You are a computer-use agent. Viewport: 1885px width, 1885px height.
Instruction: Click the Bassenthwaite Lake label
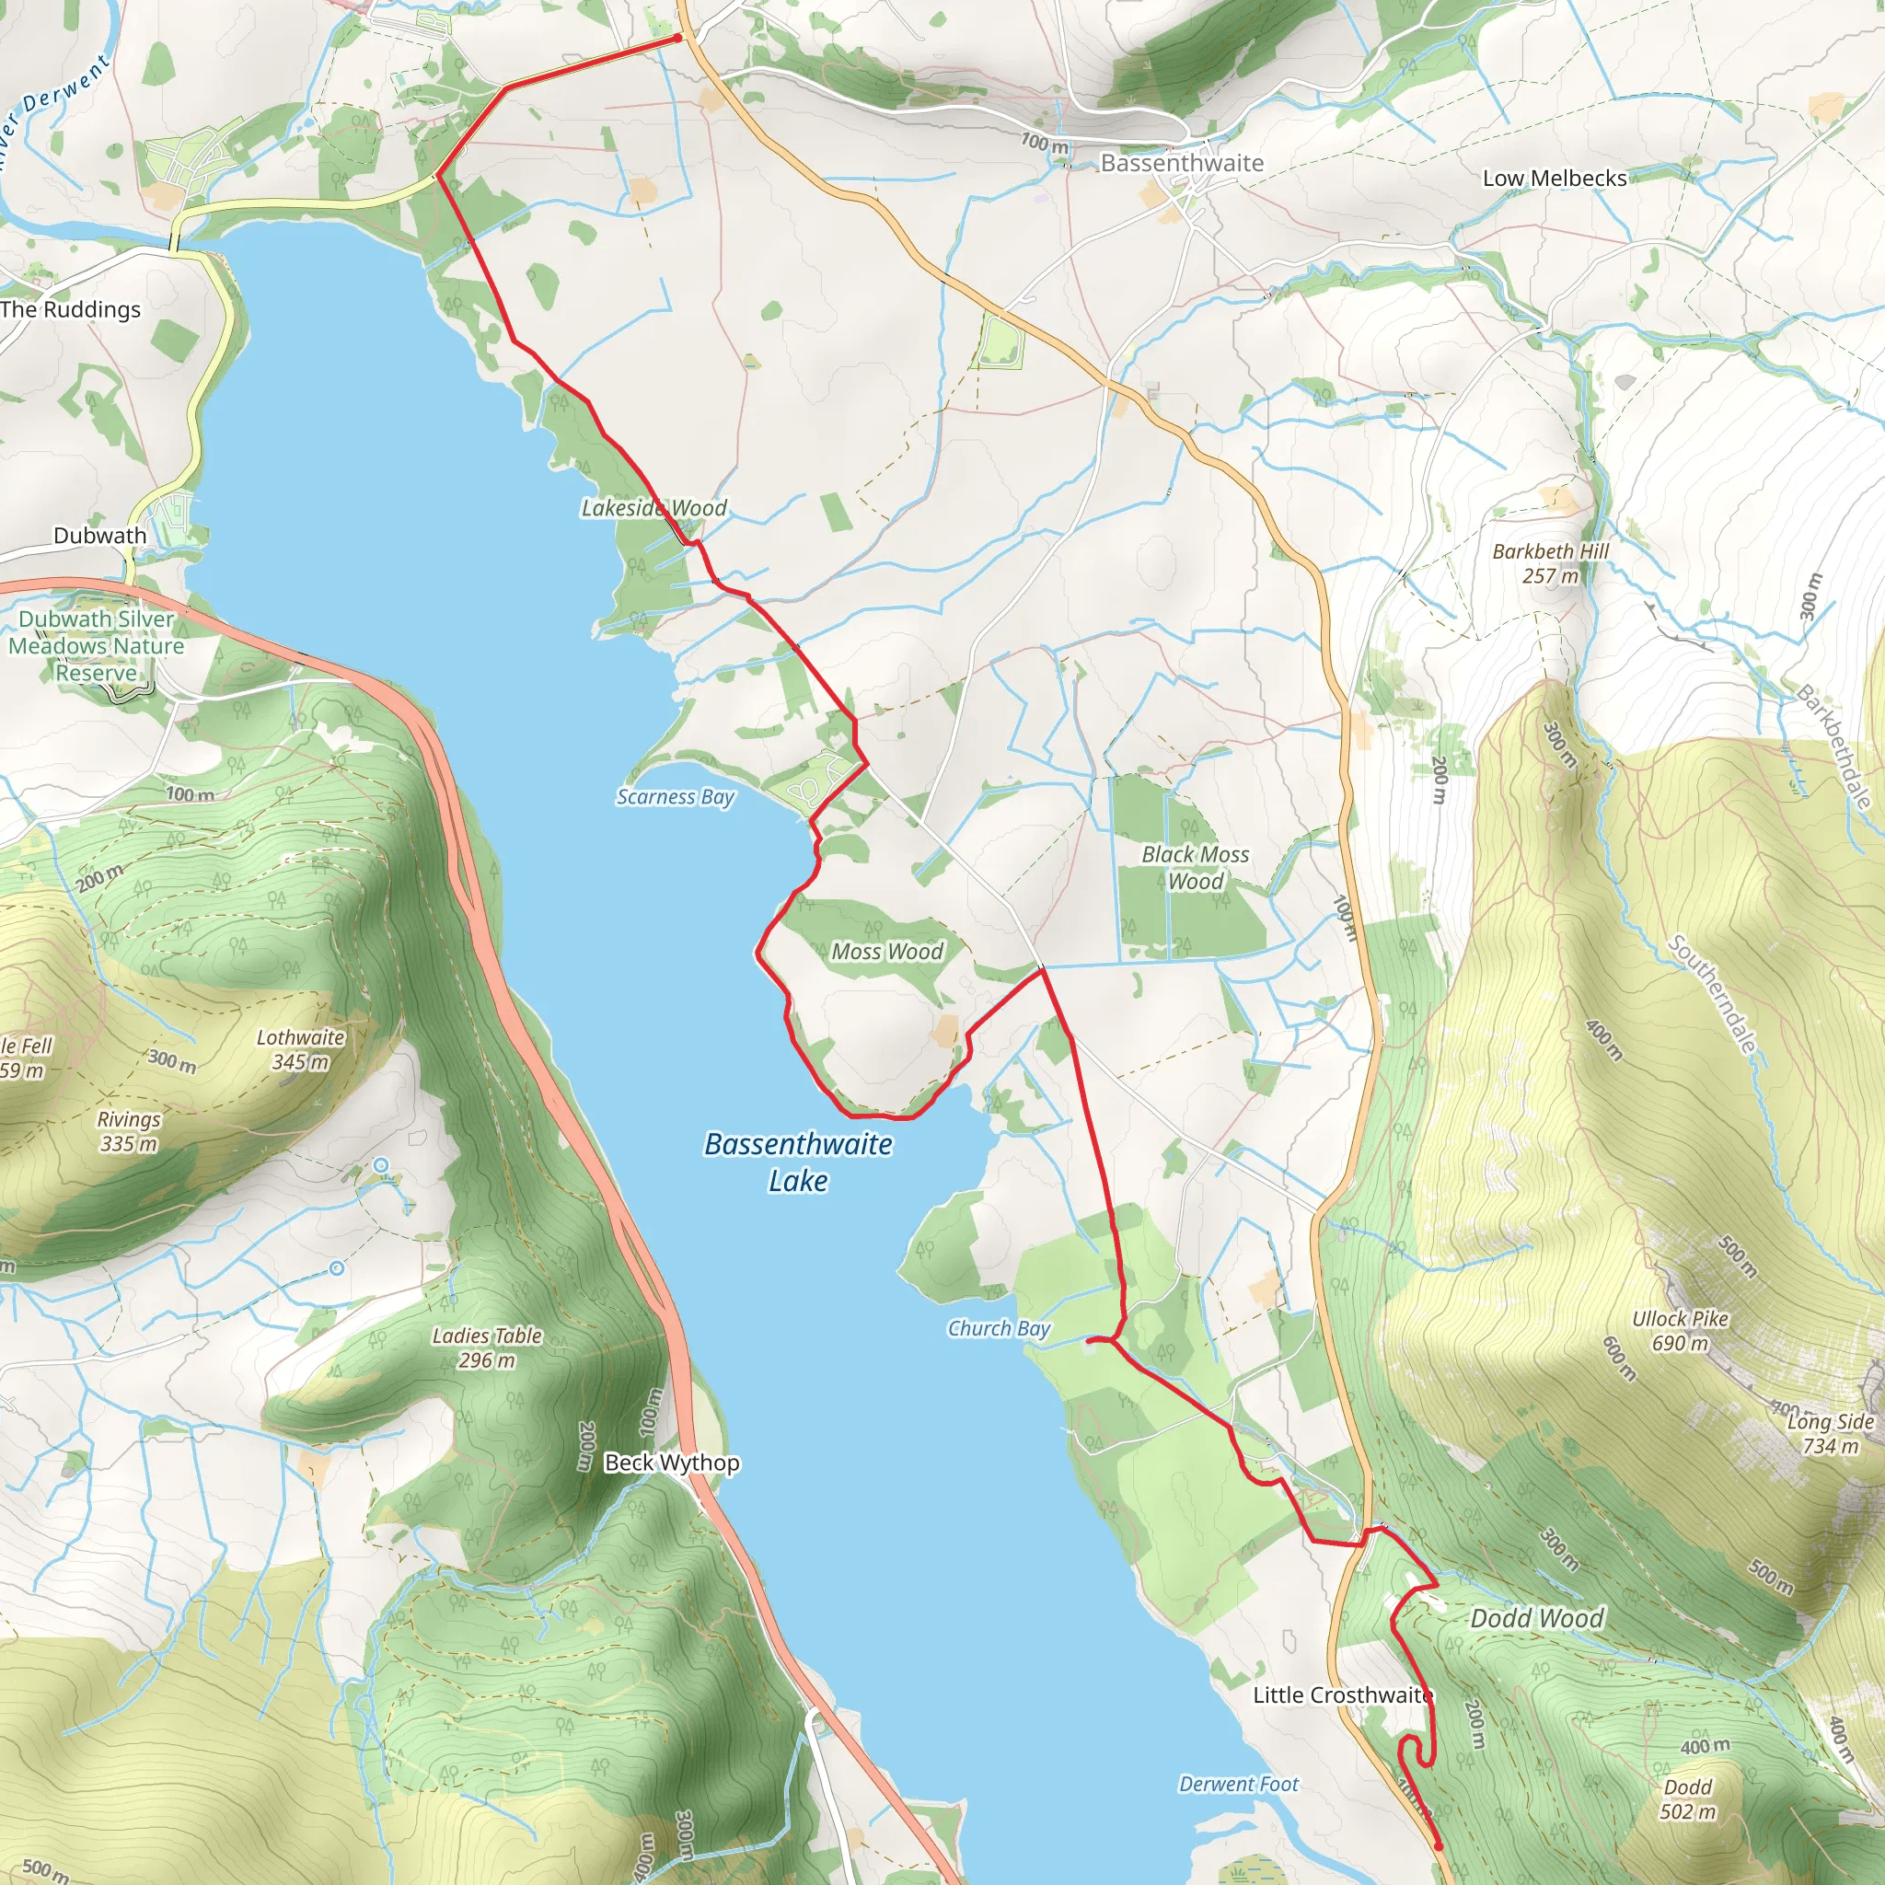pos(798,1162)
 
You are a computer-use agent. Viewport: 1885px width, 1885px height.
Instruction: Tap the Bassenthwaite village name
pos(1182,163)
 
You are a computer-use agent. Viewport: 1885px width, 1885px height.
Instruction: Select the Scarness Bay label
pos(676,797)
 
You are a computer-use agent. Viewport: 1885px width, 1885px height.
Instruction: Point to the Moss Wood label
pos(887,952)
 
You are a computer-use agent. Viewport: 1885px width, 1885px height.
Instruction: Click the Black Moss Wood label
pos(1196,867)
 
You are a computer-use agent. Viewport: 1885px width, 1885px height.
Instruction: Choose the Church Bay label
pos(998,1329)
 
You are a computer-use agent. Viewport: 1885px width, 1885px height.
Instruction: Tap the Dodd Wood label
pos(1537,1619)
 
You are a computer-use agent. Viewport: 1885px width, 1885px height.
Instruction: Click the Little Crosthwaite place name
pos(1343,1694)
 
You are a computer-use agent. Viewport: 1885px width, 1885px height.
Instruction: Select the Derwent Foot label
pos(1238,1785)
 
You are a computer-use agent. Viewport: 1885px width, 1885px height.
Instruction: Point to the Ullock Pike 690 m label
pos(1680,1331)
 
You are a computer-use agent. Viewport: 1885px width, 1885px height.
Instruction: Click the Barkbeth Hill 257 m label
pos(1550,563)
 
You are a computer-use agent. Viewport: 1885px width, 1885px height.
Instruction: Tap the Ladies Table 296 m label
pos(487,1347)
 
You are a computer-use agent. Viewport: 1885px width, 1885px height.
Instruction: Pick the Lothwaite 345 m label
pos(300,1049)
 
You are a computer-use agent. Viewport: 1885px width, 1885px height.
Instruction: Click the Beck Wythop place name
pos(671,1463)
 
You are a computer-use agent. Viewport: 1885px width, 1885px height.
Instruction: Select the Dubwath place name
pos(99,536)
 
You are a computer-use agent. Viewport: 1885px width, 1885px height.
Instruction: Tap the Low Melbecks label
pos(1555,179)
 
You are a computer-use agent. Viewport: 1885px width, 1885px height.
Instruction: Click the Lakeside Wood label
pos(653,508)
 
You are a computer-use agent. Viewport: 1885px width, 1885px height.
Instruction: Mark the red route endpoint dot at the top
pos(678,38)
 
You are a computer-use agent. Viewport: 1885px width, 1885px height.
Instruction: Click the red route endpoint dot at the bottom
pos(1439,1846)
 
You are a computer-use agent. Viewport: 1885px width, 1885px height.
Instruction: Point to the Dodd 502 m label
pos(1688,1799)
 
